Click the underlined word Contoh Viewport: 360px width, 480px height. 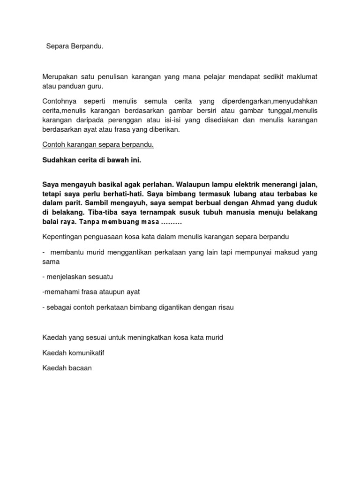(x=52, y=145)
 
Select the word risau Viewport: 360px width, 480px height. (x=225, y=307)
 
